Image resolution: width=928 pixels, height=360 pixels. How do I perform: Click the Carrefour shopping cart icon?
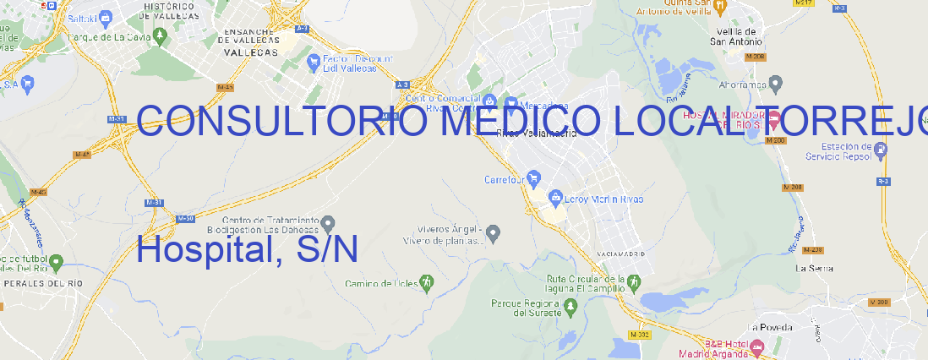[535, 179]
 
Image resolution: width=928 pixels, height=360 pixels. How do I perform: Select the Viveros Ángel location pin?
[495, 232]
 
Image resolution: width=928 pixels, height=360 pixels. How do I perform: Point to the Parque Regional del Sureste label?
[526, 308]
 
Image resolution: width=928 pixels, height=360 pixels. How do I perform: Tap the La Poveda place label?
[770, 327]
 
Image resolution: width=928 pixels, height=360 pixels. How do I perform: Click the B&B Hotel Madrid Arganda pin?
[757, 347]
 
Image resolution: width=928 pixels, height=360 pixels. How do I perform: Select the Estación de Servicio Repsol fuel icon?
[882, 150]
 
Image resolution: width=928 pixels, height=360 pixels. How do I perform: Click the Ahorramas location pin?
[776, 84]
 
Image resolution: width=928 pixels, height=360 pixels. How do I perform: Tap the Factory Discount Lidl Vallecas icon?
[317, 60]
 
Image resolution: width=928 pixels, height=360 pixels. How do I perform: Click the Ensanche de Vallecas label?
[251, 41]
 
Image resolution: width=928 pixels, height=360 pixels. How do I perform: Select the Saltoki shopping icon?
[106, 16]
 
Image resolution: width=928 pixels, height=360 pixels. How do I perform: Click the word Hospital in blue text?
[201, 250]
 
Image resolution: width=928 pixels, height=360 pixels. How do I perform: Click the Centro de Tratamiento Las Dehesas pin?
[328, 224]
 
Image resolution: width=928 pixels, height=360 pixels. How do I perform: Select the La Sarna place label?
[816, 268]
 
